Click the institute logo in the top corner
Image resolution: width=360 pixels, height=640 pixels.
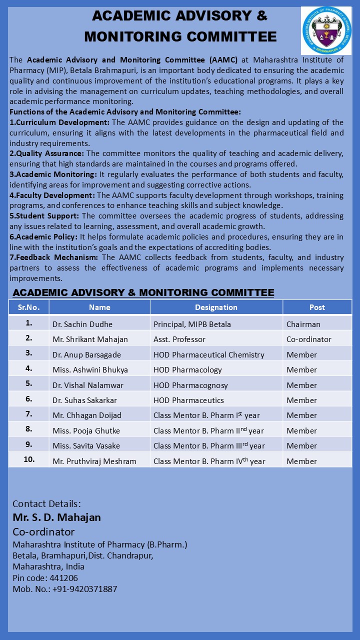point(326,30)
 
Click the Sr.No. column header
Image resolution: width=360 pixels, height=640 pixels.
point(28,307)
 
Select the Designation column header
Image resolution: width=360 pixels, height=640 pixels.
point(216,307)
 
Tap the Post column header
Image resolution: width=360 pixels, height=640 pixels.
point(317,307)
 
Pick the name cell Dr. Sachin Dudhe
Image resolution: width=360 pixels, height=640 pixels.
point(82,324)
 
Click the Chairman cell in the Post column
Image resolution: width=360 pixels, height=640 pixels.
point(303,324)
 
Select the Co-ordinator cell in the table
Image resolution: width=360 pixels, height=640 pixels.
point(308,339)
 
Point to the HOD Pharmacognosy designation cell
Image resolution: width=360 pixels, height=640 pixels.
point(190,385)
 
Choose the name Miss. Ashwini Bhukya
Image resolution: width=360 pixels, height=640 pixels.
point(90,370)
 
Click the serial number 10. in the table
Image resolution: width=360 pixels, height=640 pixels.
point(28,459)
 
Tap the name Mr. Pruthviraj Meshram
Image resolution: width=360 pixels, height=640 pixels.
point(94,461)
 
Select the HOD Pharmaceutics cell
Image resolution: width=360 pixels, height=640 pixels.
point(188,400)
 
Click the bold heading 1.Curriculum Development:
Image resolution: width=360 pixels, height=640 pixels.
point(59,122)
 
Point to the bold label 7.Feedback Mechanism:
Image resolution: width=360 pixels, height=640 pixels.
point(54,257)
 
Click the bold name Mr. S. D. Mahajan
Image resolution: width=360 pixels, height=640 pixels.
point(56,517)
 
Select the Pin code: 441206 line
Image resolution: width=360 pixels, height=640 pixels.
point(45,578)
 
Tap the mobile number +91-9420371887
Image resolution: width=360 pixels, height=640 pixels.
point(84,589)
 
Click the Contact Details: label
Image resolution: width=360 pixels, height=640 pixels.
point(46,503)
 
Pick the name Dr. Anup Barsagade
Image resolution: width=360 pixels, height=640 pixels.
point(86,354)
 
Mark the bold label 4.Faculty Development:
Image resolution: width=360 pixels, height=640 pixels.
point(52,195)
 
